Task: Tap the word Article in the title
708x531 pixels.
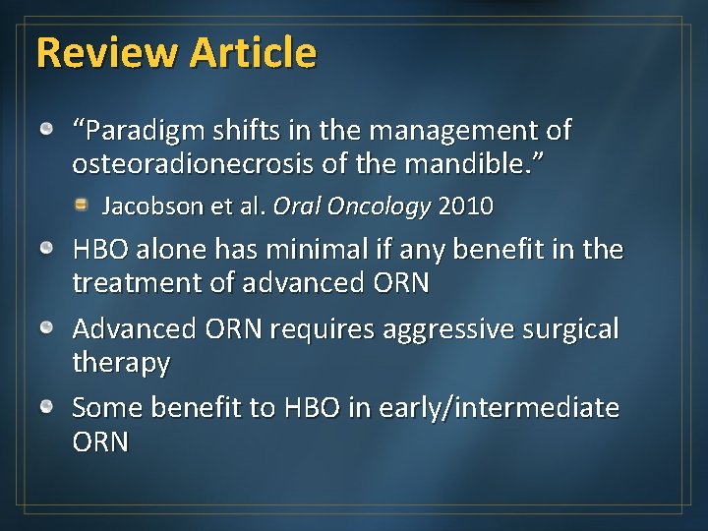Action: [253, 52]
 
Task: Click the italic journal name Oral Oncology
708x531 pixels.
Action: [352, 206]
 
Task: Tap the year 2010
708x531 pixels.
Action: [466, 206]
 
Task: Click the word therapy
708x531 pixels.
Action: [121, 362]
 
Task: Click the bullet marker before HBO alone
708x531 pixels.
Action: [46, 250]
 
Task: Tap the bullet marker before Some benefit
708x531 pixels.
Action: [46, 406]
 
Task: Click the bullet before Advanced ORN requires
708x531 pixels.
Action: [46, 327]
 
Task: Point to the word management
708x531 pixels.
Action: [447, 130]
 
